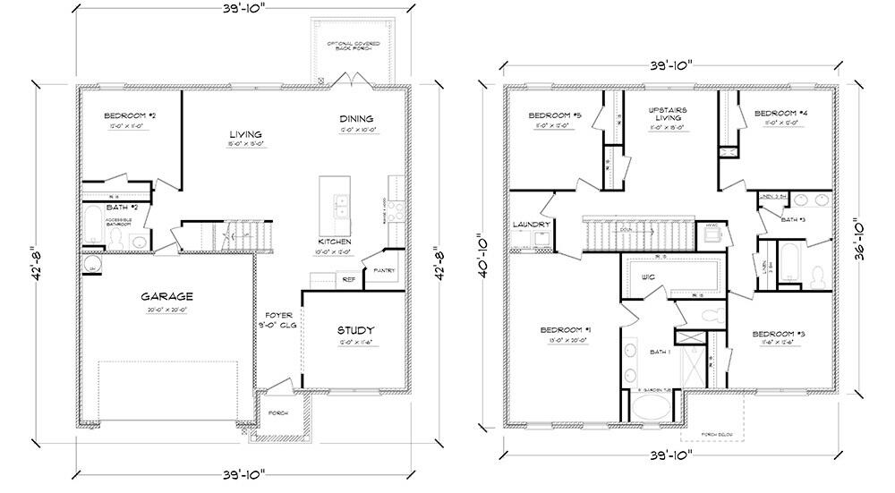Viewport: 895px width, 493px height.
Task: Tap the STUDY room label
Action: click(x=355, y=331)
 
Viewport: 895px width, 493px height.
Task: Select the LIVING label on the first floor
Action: click(x=245, y=134)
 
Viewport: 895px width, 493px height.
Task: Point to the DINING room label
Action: click(x=355, y=119)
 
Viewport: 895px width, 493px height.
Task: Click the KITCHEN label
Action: click(x=335, y=242)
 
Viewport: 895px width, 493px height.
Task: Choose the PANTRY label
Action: click(x=385, y=270)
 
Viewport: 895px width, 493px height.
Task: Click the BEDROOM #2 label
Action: click(x=130, y=116)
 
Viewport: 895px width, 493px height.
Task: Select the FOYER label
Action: click(x=272, y=314)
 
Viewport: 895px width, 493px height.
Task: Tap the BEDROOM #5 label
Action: click(x=555, y=115)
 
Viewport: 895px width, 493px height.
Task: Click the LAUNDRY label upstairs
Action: click(x=531, y=224)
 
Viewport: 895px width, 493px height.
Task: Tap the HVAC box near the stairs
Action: click(x=712, y=225)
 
